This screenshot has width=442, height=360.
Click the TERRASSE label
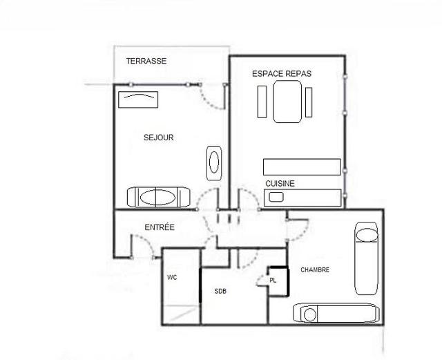146,61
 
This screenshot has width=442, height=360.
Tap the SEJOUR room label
158,138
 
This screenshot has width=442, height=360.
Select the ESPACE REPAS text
282,74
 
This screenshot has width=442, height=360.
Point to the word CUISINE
280,183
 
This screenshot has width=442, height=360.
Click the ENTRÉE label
160,227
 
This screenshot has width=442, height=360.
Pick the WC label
172,278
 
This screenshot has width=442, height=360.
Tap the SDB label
220,291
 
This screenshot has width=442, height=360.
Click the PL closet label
273,281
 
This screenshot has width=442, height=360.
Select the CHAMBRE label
315,269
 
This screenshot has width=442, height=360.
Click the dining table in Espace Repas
287,102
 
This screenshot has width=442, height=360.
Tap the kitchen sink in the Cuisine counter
276,197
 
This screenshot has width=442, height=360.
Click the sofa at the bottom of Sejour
158,197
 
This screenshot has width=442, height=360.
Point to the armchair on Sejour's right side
214,163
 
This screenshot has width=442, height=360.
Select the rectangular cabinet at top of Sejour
138,100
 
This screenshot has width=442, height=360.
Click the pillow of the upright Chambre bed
367,236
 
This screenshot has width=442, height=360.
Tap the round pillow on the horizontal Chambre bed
310,314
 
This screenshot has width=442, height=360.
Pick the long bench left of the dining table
262,102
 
